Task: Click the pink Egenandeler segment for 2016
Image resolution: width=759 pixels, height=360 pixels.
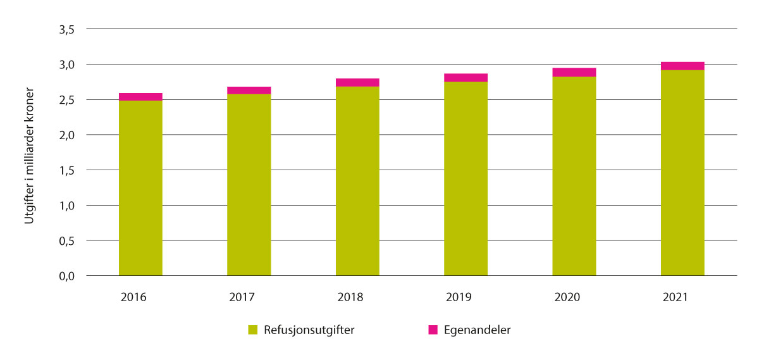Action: pos(140,97)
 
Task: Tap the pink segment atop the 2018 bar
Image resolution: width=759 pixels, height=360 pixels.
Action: pos(357,82)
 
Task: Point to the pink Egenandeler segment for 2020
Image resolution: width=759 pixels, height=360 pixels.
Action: pos(574,72)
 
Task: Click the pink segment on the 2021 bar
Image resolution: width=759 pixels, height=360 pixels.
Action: pos(682,66)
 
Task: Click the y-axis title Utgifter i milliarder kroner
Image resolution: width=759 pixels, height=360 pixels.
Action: pos(28,152)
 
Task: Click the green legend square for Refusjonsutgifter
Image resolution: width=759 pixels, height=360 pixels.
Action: pos(253,330)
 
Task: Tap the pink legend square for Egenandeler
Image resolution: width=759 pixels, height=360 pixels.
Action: pos(433,330)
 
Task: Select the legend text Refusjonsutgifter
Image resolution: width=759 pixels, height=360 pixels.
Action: pos(309,330)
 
